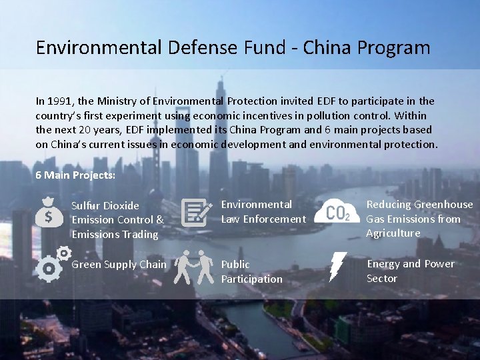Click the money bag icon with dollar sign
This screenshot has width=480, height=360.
pos(49,211)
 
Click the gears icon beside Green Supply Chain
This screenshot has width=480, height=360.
pos(53,265)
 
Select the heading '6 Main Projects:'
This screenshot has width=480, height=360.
pos(75,175)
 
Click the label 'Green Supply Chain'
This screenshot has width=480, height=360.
pos(119,265)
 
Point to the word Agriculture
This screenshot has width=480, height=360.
pos(393,233)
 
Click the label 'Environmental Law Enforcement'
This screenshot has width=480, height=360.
pos(263,211)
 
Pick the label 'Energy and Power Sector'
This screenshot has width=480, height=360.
pos(410,271)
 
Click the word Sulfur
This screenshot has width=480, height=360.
pos(86,205)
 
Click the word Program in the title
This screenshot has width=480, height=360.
pos(393,48)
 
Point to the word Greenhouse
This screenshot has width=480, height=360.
pos(444,205)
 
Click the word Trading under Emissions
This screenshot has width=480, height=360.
pos(139,234)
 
